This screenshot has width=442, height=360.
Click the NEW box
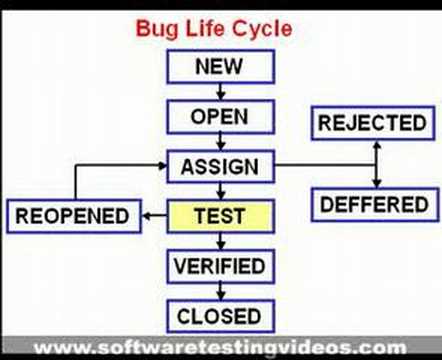point(221,66)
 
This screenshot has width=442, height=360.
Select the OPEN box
point(221,117)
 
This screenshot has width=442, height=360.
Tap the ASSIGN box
point(221,166)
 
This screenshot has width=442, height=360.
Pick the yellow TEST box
point(221,216)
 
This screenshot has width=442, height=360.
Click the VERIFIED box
point(221,266)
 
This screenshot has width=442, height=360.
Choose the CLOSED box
point(221,316)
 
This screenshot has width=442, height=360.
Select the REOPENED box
point(74,216)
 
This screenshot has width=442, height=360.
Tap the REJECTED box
point(373,123)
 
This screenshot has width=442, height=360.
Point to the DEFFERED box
point(375,205)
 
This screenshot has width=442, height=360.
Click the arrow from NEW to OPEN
point(220,92)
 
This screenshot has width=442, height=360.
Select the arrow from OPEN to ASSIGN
point(220,142)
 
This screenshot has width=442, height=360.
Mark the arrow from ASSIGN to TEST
point(220,191)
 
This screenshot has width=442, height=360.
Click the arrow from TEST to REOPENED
point(154,216)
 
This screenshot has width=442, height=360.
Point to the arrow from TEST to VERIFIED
point(220,241)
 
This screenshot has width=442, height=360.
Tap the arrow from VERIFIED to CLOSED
point(220,292)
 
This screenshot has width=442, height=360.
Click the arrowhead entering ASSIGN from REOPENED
point(162,165)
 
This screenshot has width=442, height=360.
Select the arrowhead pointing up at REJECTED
point(377,145)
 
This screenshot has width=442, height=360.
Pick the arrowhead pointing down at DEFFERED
point(377,183)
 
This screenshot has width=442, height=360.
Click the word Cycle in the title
point(262,29)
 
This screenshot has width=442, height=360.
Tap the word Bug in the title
point(157,29)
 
